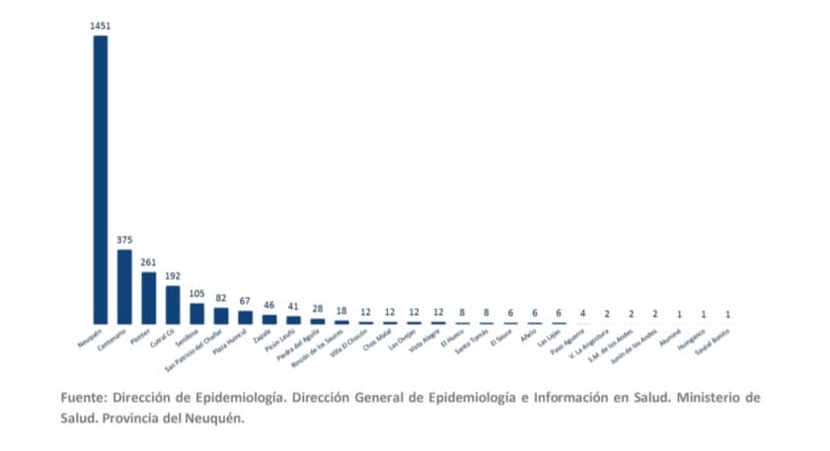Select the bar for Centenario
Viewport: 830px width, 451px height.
(124, 286)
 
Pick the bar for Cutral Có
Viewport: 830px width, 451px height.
(173, 305)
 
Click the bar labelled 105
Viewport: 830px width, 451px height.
(196, 314)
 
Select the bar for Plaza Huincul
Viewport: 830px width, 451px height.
(245, 318)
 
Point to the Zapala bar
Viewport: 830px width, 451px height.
(268, 320)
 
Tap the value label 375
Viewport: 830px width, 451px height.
(124, 240)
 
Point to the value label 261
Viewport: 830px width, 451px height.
(149, 263)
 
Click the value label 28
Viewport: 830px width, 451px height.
(317, 310)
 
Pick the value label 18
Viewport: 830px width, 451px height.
(341, 312)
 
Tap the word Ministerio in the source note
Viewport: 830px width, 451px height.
(717, 398)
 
